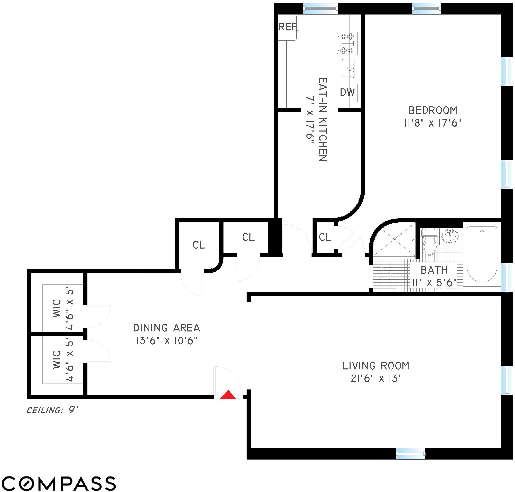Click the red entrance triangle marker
(228, 395)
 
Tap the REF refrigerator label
(288, 27)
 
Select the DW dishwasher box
(347, 93)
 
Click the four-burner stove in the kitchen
(347, 43)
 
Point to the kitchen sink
(348, 68)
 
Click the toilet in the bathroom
(429, 244)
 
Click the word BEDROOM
(433, 110)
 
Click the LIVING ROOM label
(375, 366)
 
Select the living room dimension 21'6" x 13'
(375, 379)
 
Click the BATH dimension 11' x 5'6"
(434, 283)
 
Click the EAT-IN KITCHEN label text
(323, 119)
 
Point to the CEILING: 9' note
(53, 410)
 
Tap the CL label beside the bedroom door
(325, 237)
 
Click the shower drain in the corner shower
(394, 239)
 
